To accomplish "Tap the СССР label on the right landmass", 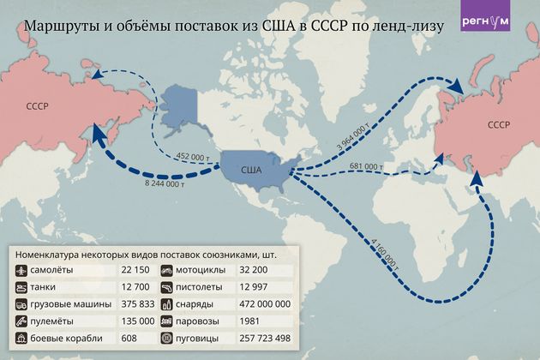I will click(x=500, y=125).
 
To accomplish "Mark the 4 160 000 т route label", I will click(x=383, y=247).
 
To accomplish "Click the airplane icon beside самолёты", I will click(x=21, y=271).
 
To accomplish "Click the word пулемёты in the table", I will click(x=58, y=321).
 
